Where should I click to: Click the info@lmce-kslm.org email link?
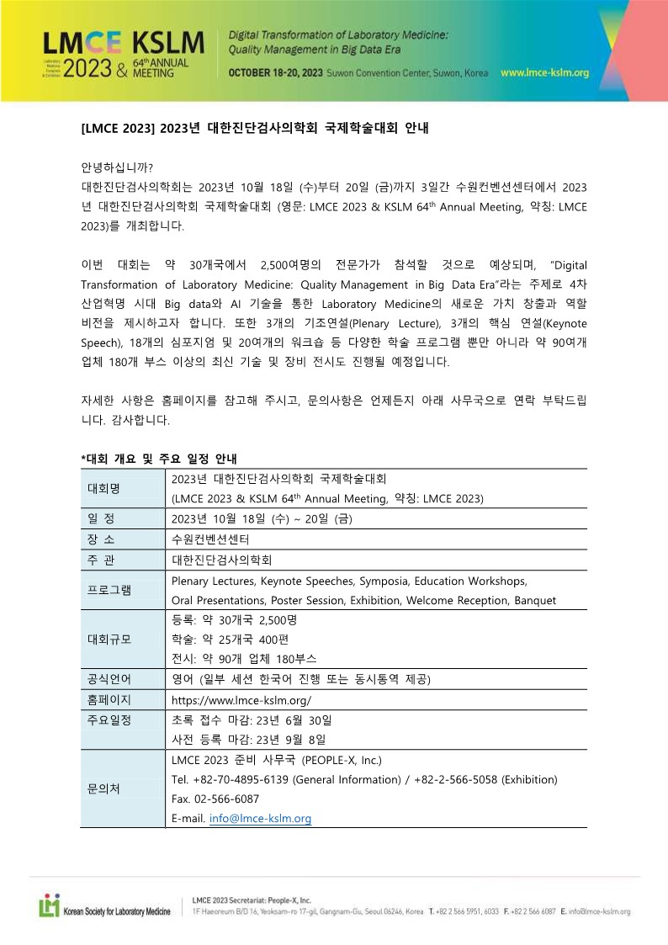(260, 818)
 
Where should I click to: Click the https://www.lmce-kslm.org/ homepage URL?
(241, 700)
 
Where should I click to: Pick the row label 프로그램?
(109, 590)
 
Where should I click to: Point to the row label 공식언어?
(109, 679)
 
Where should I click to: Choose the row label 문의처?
(104, 788)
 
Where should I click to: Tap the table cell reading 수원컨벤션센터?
(210, 539)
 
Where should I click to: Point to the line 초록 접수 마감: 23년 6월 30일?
(252, 720)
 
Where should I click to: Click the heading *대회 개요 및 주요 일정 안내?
(159, 459)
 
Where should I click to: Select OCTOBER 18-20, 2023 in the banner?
(276, 73)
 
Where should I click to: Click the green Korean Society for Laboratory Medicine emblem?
(50, 906)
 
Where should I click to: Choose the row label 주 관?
(104, 560)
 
